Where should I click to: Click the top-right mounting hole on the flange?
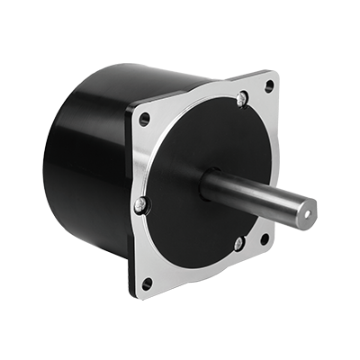[268, 86]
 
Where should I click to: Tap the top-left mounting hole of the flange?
[145, 118]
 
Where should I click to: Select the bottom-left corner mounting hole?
[148, 283]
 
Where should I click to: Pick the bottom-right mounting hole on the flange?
[264, 238]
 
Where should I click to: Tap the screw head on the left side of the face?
[139, 207]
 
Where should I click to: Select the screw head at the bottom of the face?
[238, 243]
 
